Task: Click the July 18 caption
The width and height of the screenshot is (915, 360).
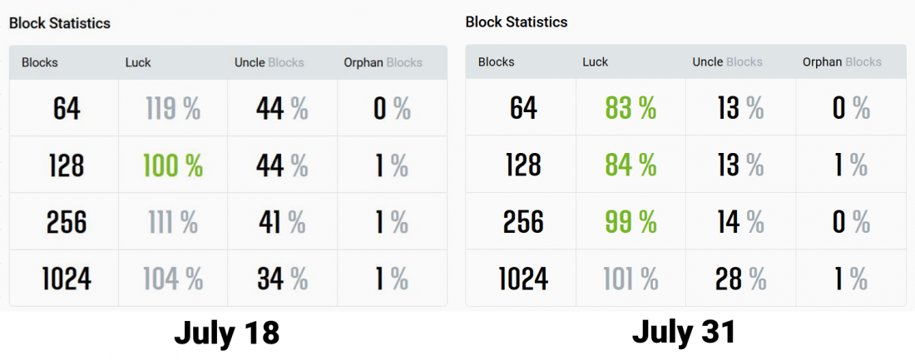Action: point(226,333)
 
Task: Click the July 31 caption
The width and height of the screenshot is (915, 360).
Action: point(684,332)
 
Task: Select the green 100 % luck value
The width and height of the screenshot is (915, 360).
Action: point(172,165)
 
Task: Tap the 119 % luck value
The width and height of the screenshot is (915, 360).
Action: point(172,109)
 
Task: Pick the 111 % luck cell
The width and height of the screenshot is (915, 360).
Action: point(172,222)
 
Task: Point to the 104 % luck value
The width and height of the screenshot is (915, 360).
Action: point(172,279)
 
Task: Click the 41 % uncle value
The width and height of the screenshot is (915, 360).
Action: point(282,222)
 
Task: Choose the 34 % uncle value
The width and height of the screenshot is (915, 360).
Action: point(282,279)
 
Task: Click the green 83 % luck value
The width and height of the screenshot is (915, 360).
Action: point(631,108)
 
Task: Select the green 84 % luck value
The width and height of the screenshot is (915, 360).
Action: point(631,165)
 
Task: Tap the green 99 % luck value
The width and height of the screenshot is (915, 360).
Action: point(631,222)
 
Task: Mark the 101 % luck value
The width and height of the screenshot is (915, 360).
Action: point(631,279)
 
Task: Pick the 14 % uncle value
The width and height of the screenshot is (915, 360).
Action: point(739,222)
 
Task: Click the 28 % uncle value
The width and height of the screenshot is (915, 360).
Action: point(739,279)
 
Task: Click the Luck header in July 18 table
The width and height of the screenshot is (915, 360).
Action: point(138,62)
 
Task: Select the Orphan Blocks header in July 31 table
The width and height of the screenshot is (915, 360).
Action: point(842,62)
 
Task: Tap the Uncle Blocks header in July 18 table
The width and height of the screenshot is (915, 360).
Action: point(270,62)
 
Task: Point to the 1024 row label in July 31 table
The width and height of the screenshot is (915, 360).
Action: point(523,279)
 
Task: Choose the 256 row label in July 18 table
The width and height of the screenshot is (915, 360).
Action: point(67,222)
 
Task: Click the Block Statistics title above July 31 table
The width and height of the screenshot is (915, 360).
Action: point(517,22)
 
